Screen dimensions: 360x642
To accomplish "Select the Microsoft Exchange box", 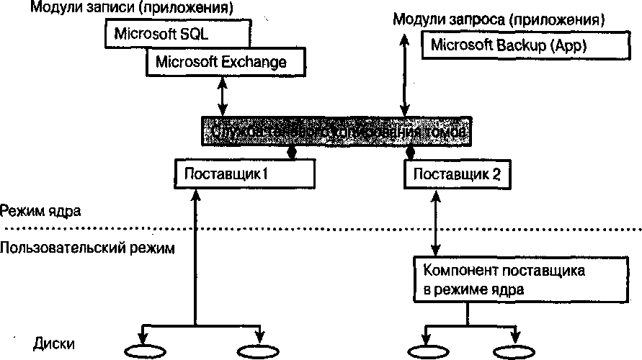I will click(220, 62).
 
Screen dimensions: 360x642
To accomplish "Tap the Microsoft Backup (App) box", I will click(509, 46).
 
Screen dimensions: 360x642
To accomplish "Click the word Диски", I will click(53, 344).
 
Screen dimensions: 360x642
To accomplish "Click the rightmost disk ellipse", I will click(514, 351).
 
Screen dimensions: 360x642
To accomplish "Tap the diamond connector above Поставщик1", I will click(291, 153).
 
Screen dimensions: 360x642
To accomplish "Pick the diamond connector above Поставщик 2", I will click(411, 153).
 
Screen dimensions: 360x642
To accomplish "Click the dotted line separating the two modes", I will click(324, 229).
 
